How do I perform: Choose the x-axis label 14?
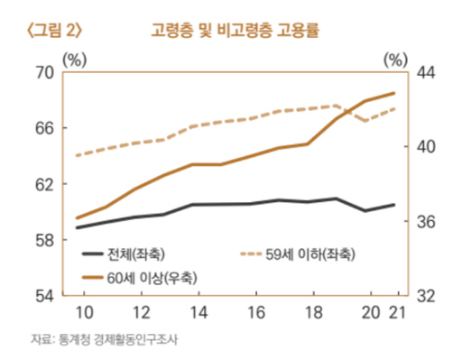(199, 312)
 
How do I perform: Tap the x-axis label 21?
(395, 312)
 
